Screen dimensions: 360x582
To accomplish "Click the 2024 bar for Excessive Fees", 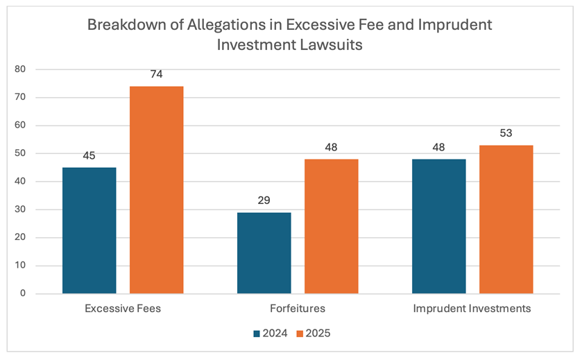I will pos(89,230).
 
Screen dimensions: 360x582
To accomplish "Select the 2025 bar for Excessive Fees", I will pos(156,189).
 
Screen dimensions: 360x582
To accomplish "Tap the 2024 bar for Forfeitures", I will pos(264,252).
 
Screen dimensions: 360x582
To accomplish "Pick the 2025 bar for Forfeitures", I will pos(332,226).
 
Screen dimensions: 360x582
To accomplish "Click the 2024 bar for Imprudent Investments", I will pos(439,226).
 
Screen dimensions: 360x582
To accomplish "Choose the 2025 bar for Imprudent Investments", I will pos(506,219).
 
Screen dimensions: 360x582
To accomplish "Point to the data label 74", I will pos(156,74).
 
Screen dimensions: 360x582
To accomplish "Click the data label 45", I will pos(89,155).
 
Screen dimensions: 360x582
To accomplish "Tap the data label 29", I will pos(264,200).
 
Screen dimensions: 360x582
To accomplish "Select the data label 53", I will pos(506,133).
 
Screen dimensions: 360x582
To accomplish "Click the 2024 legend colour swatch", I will pos(257,334).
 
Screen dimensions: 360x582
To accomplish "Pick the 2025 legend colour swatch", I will pos(301,334).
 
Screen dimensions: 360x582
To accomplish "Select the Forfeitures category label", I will pos(298,309).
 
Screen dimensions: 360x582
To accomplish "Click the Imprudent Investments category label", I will pos(472,309).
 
